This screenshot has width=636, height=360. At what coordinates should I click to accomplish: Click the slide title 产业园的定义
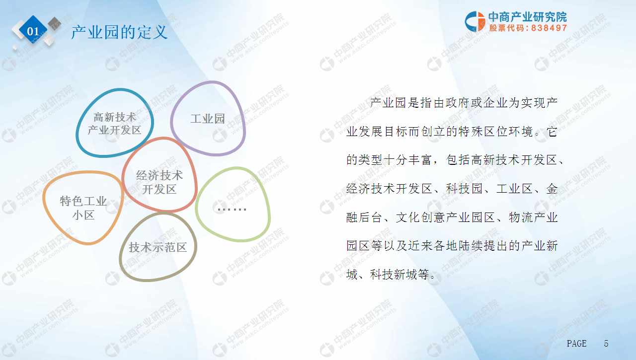coord(119,32)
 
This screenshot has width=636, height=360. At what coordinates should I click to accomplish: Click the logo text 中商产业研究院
coord(528,17)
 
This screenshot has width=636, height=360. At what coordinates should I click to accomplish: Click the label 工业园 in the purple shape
coord(208,119)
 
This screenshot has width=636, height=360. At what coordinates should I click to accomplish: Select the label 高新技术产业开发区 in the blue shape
coord(114,124)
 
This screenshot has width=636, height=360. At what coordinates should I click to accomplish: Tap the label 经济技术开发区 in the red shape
coord(159,182)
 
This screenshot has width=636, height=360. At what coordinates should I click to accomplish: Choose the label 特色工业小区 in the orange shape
coord(83,208)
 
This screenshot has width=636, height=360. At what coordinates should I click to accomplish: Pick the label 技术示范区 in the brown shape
coord(158,247)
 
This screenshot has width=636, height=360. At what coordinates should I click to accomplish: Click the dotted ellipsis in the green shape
coord(232,210)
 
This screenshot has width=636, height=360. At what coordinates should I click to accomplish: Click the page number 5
coord(606,344)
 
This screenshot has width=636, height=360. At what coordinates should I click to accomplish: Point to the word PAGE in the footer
coord(577,344)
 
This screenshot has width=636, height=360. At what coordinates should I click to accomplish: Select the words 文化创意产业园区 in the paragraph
coord(445,217)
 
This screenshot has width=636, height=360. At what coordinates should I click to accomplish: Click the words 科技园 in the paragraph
coord(464,189)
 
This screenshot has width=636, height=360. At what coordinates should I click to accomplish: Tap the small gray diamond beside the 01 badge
coord(54,23)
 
